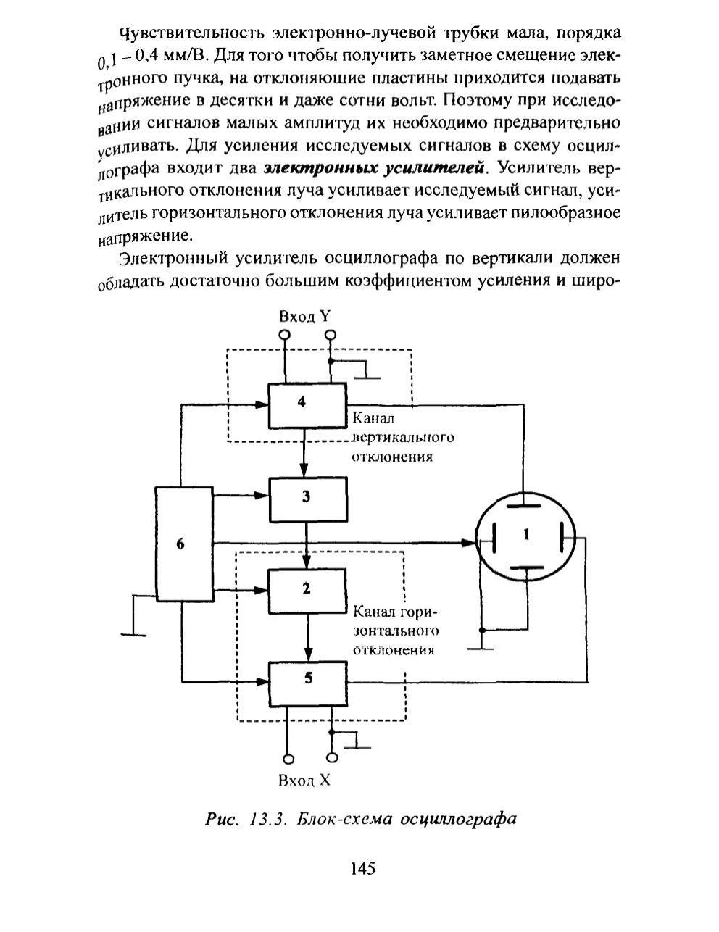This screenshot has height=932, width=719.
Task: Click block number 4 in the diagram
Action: (307, 405)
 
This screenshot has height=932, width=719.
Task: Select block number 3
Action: (308, 499)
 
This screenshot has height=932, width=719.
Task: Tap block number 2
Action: (307, 591)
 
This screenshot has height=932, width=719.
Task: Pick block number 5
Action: (308, 685)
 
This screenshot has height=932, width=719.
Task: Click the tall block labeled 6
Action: (184, 544)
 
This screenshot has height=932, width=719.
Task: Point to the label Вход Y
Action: (304, 317)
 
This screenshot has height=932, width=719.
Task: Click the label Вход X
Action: (304, 780)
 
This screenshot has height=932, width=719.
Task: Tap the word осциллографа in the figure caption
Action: (458, 820)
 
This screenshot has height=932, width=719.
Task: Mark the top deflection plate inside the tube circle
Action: (523, 506)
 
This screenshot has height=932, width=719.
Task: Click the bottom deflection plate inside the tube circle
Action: (526, 568)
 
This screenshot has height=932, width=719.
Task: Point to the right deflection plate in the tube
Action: (562, 538)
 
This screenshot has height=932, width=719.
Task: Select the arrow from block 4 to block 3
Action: (304, 452)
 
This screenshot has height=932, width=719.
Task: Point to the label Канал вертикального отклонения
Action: (402, 437)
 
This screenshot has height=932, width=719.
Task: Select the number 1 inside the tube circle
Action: (526, 534)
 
